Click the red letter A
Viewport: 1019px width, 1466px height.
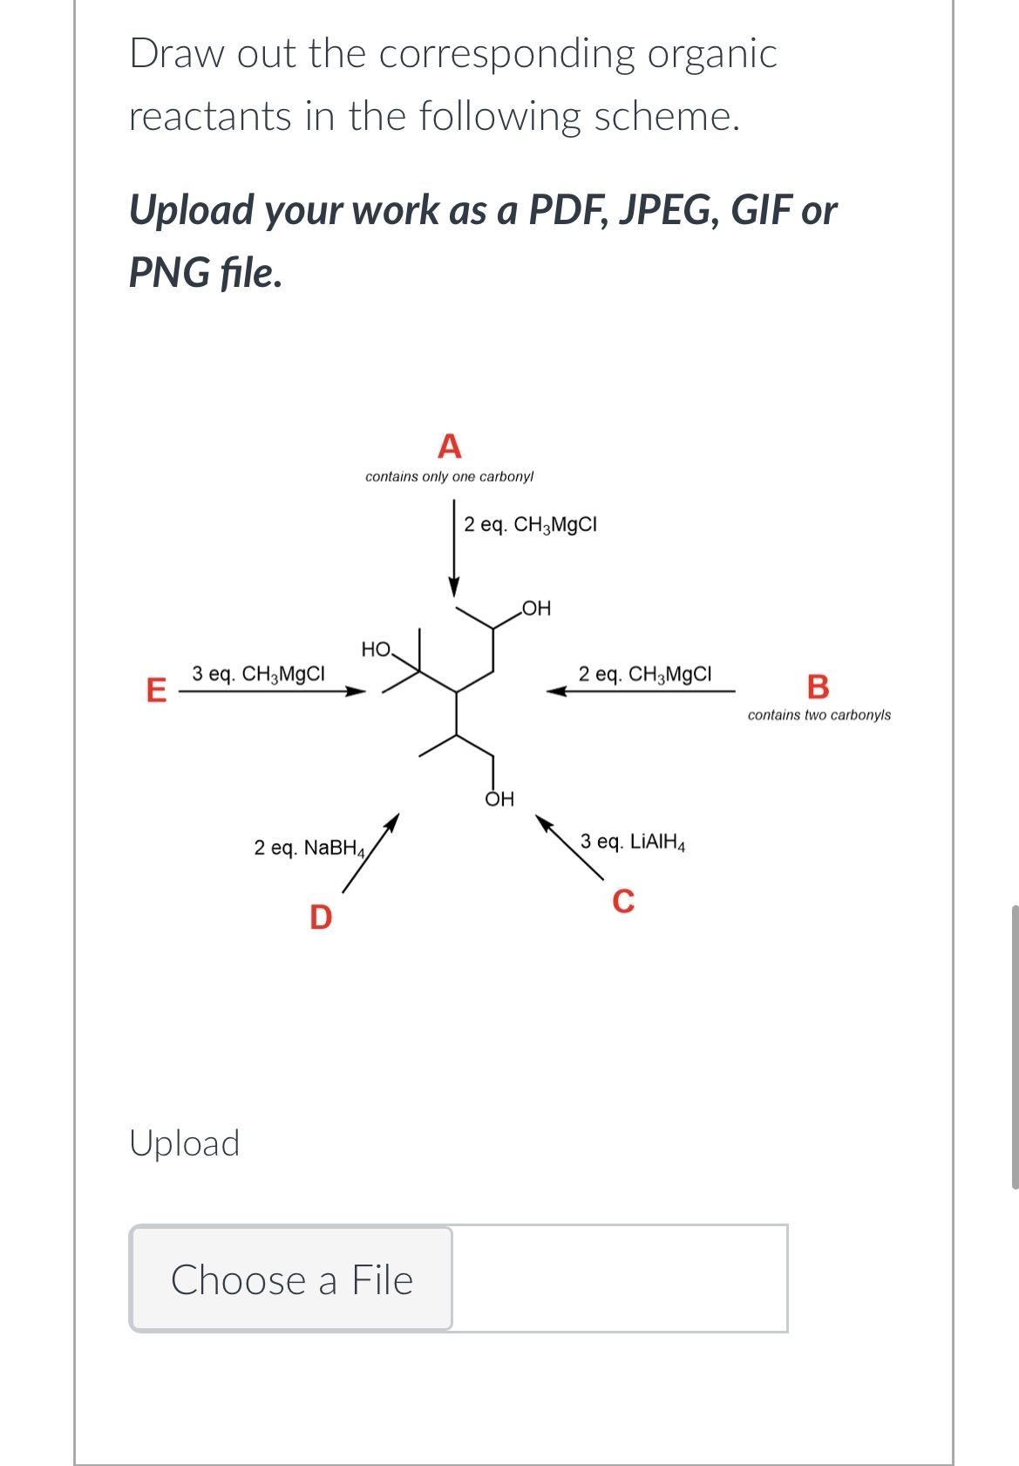click(449, 447)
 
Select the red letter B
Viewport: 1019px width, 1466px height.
click(818, 686)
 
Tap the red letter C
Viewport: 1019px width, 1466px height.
click(623, 901)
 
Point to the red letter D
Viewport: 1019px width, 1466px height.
click(321, 917)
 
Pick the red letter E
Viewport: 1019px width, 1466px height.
click(156, 690)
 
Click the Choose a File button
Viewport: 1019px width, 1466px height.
click(291, 1279)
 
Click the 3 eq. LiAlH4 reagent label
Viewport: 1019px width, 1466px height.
click(633, 842)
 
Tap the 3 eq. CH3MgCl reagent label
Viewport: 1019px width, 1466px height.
click(258, 674)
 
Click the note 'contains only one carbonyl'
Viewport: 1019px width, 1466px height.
click(449, 476)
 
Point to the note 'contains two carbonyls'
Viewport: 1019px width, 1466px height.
click(819, 715)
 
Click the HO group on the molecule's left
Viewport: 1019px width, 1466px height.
click(377, 649)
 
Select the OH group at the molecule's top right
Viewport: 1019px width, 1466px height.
click(536, 608)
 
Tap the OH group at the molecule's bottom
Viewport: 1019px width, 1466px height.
click(499, 799)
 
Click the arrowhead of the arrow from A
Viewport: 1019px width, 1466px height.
click(453, 586)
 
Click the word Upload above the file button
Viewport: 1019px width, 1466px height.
click(184, 1143)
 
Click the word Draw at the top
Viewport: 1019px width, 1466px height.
click(177, 53)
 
